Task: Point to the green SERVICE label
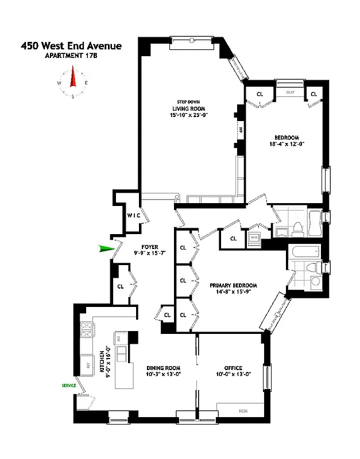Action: (x=69, y=386)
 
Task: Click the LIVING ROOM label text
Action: (x=188, y=108)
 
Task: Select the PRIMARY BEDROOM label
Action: (x=233, y=285)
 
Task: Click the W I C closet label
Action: (x=134, y=215)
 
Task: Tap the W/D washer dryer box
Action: (x=254, y=236)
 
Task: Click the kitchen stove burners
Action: (x=88, y=329)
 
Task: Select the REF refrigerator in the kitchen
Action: (x=88, y=364)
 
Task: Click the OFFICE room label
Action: (x=233, y=368)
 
